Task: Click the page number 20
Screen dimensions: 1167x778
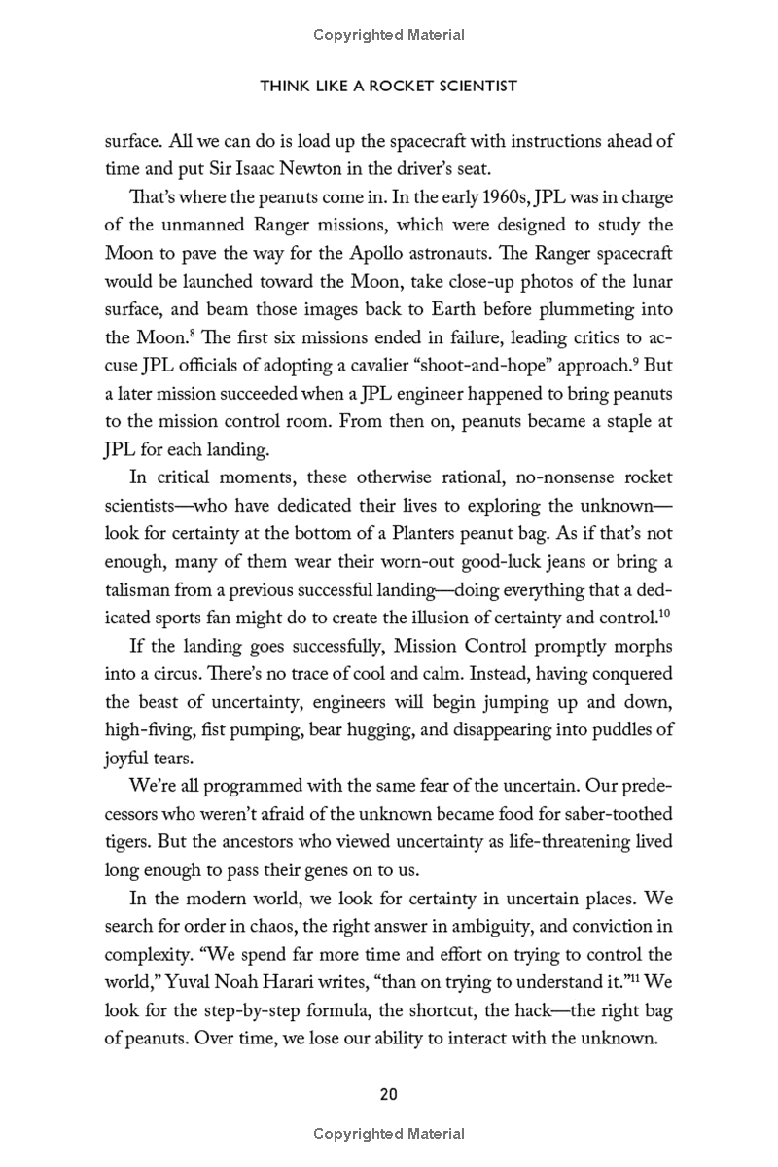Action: [x=389, y=1094]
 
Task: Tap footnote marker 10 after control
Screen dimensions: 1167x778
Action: [x=665, y=614]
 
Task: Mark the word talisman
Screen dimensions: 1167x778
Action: [x=140, y=590]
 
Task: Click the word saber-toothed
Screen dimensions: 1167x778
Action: [x=618, y=812]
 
